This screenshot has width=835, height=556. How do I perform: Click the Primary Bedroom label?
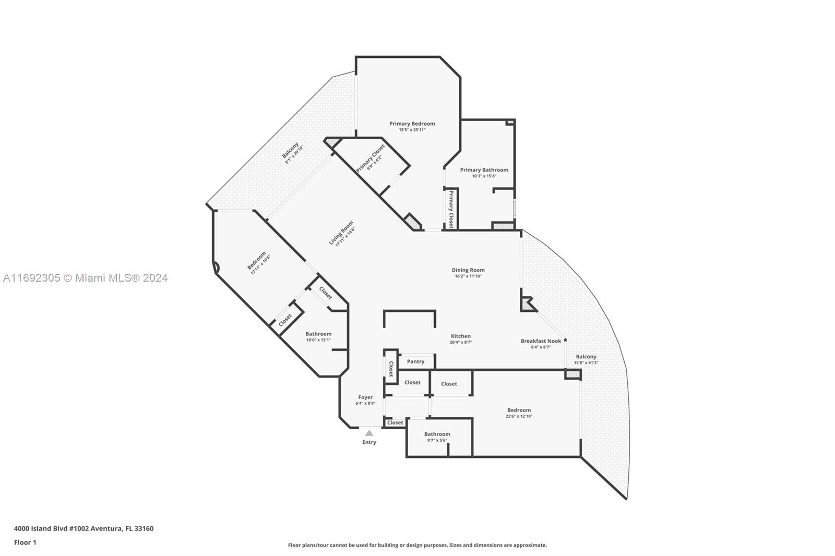[412, 124]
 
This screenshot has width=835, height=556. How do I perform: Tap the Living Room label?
[341, 233]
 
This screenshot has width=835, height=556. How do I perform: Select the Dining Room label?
[468, 270]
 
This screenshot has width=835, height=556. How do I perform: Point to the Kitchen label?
[461, 336]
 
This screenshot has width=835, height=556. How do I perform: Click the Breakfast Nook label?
[541, 341]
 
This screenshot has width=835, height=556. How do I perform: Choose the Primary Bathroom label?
[484, 170]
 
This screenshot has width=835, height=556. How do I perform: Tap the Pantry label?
[415, 361]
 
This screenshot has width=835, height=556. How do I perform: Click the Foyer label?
[365, 397]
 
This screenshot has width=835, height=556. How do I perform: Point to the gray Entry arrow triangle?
[369, 433]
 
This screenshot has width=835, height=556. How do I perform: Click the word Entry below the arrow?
[369, 442]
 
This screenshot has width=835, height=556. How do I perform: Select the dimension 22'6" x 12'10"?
[519, 416]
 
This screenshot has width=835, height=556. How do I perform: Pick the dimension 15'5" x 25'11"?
[412, 130]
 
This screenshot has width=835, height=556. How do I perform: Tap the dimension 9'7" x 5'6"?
[437, 440]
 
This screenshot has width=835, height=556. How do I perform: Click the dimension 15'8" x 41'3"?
[586, 362]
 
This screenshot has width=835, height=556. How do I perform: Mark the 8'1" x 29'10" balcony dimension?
[294, 155]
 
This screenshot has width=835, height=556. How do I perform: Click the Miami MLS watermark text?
[86, 278]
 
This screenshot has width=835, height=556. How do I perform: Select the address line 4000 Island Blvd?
[84, 528]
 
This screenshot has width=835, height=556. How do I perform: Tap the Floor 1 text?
[26, 542]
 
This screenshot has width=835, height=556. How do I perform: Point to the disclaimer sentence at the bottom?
[417, 545]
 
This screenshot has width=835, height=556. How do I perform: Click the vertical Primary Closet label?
[451, 209]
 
